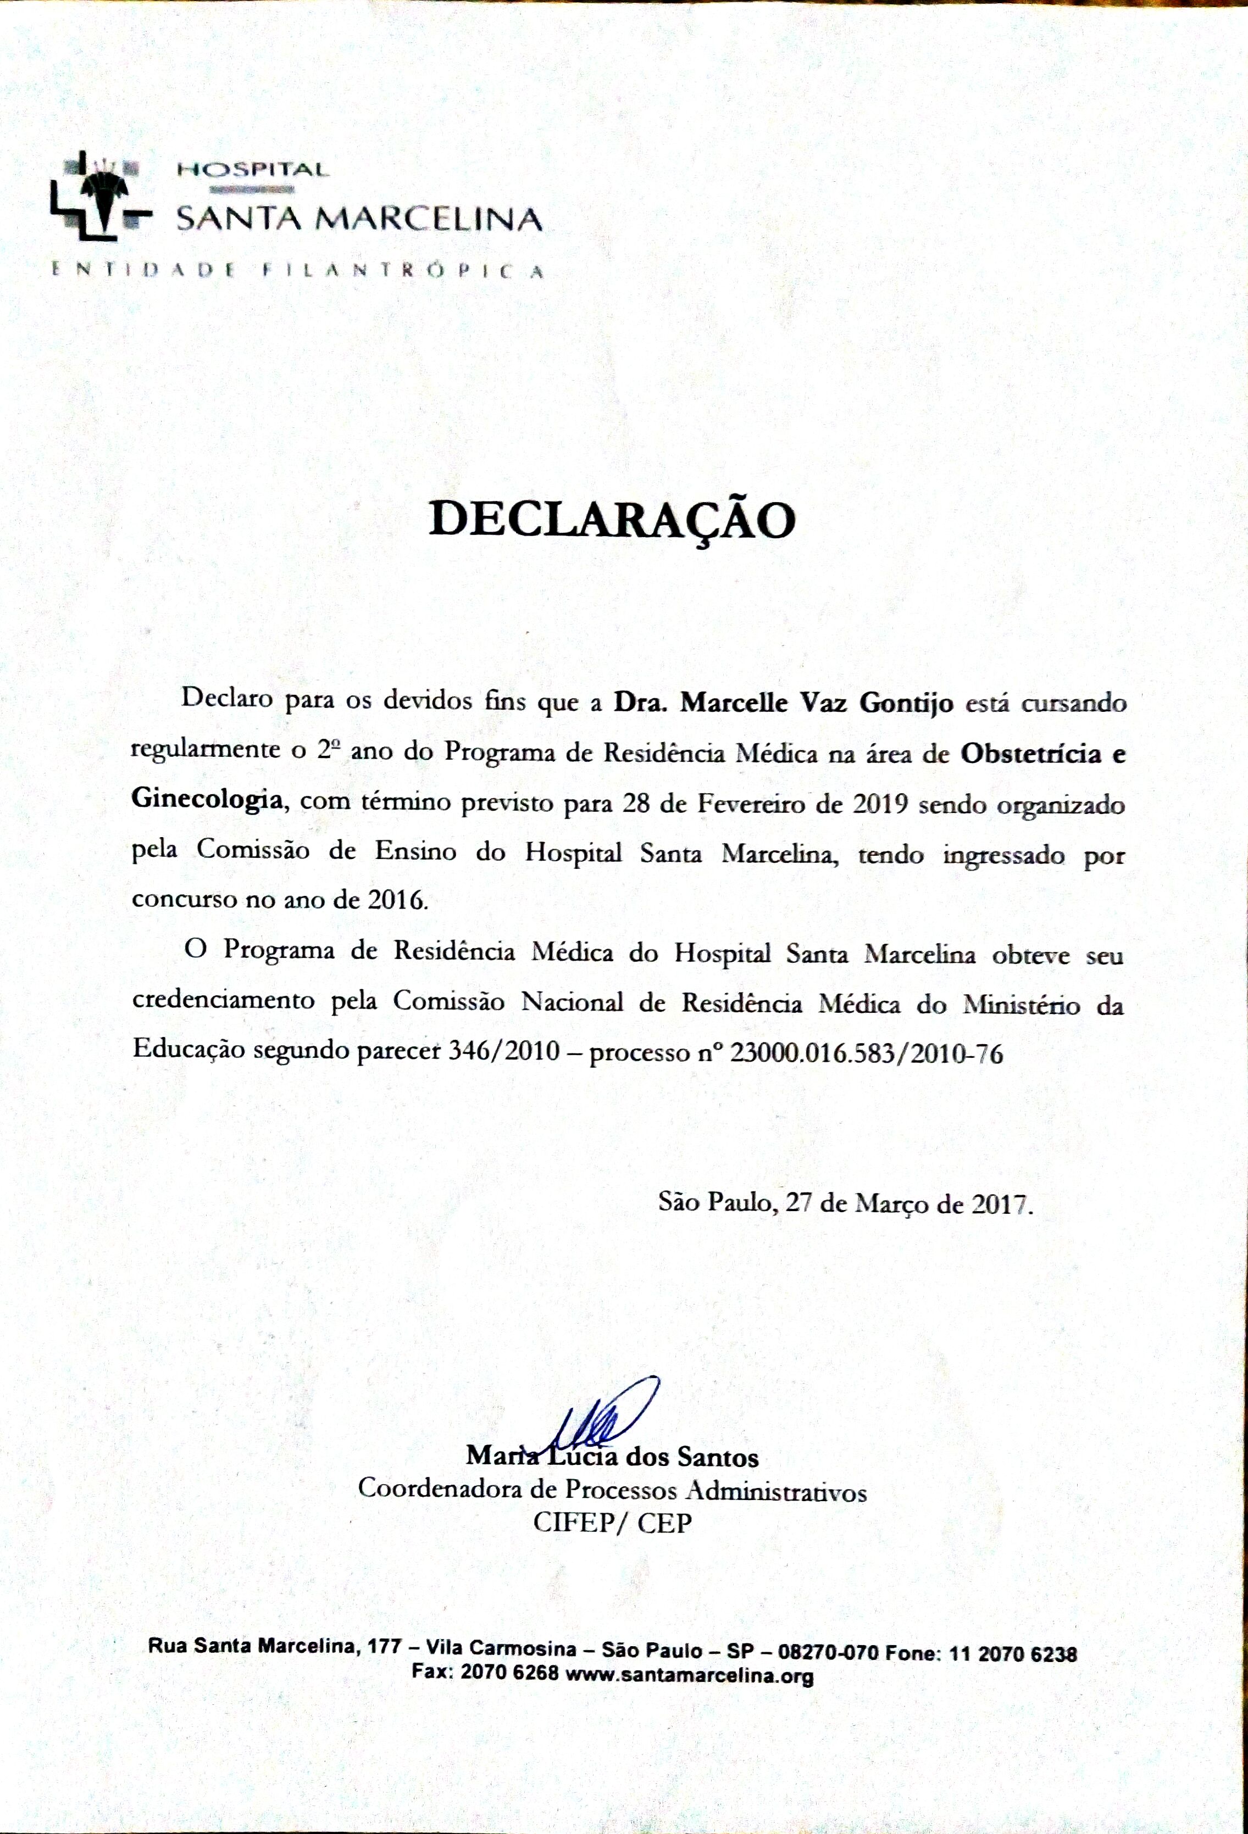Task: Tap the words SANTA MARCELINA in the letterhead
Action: tap(359, 218)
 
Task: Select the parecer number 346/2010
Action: tap(503, 1053)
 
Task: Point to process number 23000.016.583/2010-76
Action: tap(867, 1053)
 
